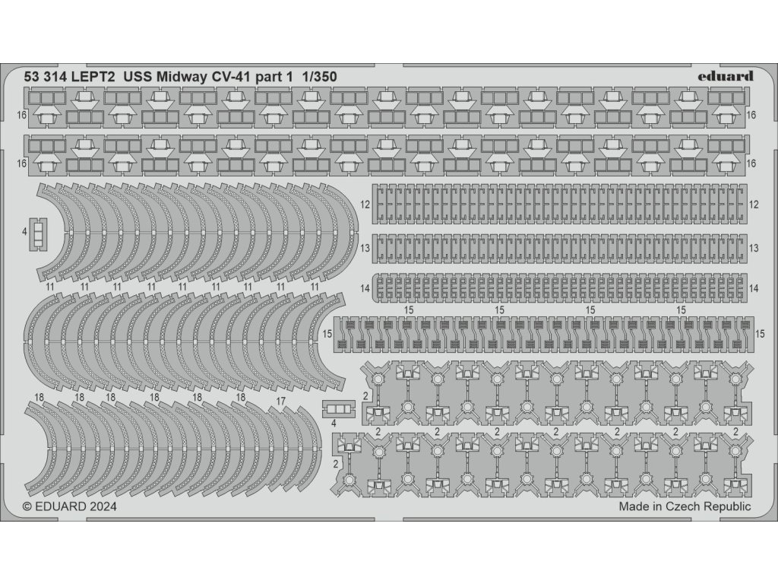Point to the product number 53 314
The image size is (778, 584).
(x=50, y=77)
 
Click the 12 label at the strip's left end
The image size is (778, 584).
(x=365, y=205)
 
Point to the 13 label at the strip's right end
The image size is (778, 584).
(x=754, y=248)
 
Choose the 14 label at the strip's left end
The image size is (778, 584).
(x=365, y=288)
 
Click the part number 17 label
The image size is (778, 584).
(x=280, y=401)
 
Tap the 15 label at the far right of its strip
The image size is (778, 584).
(x=761, y=334)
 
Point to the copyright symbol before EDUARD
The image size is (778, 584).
(x=28, y=506)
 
